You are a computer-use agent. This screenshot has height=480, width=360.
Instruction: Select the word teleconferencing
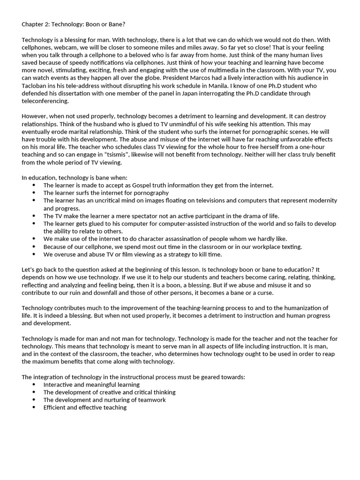pyautogui.click(x=45, y=101)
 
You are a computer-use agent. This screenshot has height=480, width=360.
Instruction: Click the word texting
pyautogui.click(x=290, y=247)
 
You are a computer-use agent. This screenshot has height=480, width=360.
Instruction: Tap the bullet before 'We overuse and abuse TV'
pyautogui.click(x=34, y=254)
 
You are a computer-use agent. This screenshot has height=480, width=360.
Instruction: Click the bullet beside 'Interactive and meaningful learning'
pyautogui.click(x=34, y=384)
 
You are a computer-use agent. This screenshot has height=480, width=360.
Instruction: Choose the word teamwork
pyautogui.click(x=150, y=400)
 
